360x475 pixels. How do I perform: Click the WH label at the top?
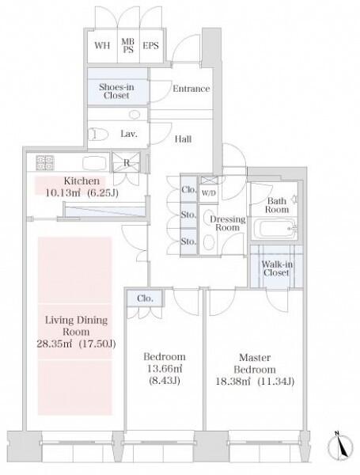click(x=102, y=45)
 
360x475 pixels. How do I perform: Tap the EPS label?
click(x=150, y=45)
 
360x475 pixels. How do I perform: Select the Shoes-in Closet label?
click(x=116, y=91)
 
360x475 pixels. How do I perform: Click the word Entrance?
click(x=191, y=89)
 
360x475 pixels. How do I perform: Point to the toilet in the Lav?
click(x=98, y=134)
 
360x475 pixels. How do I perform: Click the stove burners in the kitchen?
click(x=45, y=162)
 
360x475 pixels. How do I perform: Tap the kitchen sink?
click(x=95, y=162)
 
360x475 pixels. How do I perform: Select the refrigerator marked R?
click(x=127, y=162)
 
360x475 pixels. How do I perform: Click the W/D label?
click(x=208, y=192)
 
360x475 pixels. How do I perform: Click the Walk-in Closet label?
click(x=276, y=268)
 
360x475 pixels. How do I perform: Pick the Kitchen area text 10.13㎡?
click(x=63, y=192)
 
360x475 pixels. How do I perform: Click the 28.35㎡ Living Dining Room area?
click(x=55, y=344)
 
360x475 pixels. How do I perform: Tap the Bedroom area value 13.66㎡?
click(x=165, y=368)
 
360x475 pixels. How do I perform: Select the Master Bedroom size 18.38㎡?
click(x=233, y=381)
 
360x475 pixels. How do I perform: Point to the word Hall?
click(x=184, y=139)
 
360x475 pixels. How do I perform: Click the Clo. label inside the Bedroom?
click(x=145, y=298)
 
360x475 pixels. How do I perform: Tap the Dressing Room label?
click(x=228, y=223)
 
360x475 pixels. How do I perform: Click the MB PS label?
click(x=128, y=45)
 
